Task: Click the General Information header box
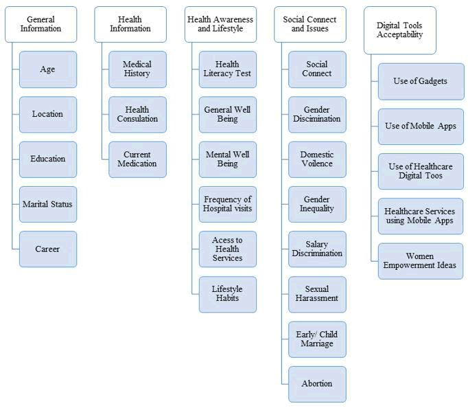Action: coord(40,24)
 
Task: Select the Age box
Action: coord(47,69)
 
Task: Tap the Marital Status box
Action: coord(47,204)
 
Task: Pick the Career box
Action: coord(47,249)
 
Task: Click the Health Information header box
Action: coord(130,24)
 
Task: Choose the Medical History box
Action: coord(137,69)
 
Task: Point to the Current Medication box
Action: coord(137,159)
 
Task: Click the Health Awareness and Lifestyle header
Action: coord(220,24)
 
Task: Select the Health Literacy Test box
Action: coord(227,69)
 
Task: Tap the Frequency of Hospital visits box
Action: coord(227,204)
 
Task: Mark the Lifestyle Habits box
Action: coord(227,294)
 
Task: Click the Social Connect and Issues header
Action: coord(309,24)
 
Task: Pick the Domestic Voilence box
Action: coord(317,159)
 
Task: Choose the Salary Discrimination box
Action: coord(317,249)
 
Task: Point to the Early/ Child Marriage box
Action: coord(317,339)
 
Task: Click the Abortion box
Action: coord(317,384)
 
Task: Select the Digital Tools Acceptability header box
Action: coord(400,30)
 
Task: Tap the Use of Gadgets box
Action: coord(421,81)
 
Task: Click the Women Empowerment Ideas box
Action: coord(421,261)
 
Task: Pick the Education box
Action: coord(47,159)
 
